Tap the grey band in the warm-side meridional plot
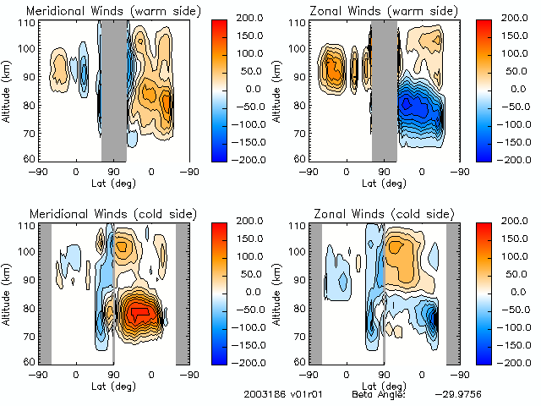point(114,89)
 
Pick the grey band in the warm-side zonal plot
point(385,89)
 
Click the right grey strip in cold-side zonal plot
point(453,293)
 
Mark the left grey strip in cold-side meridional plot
point(46,293)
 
